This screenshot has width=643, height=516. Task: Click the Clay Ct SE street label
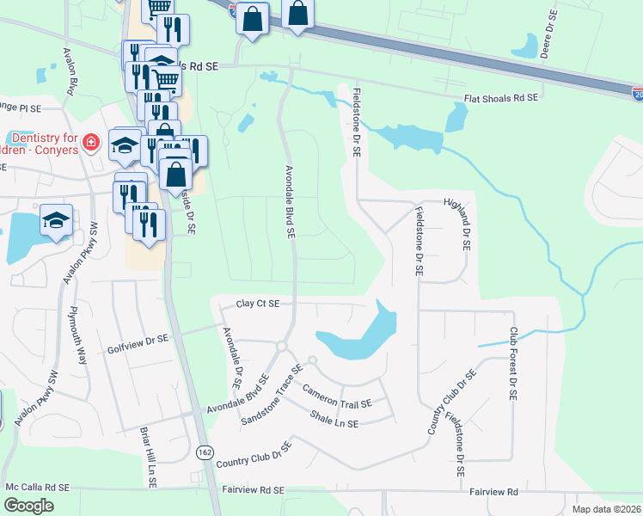click(259, 304)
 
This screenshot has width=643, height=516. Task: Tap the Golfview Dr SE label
click(138, 341)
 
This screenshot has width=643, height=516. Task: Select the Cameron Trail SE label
click(337, 396)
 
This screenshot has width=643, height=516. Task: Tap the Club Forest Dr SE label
click(512, 362)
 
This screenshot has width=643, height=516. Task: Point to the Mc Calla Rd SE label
click(38, 487)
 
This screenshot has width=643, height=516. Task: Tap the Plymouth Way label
click(78, 335)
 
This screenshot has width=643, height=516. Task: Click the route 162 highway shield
click(205, 452)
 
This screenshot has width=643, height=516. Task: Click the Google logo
click(28, 506)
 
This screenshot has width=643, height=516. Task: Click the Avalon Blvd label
click(70, 71)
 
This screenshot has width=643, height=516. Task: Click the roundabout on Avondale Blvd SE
click(281, 347)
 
